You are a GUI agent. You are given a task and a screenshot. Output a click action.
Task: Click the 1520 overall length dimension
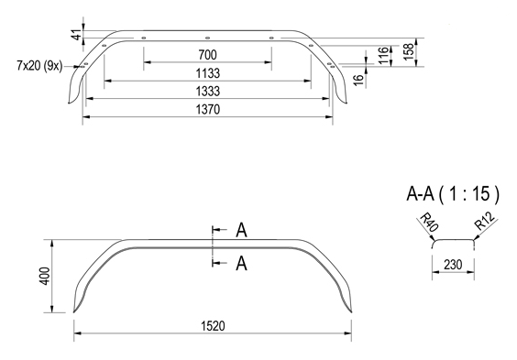click(x=213, y=325)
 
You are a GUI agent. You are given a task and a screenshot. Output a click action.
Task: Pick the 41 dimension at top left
click(x=76, y=34)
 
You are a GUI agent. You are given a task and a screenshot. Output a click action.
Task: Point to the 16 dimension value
click(x=358, y=80)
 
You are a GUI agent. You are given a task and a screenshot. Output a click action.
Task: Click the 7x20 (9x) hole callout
click(x=39, y=66)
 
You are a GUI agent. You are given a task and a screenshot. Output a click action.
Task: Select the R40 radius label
click(x=426, y=223)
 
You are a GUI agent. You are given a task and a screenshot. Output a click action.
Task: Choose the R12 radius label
click(x=485, y=223)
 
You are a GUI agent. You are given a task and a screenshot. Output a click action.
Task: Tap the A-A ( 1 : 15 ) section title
click(x=453, y=193)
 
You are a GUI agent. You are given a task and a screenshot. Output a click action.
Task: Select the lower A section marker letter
click(x=241, y=264)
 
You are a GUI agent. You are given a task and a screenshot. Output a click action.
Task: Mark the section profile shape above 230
click(x=454, y=242)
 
